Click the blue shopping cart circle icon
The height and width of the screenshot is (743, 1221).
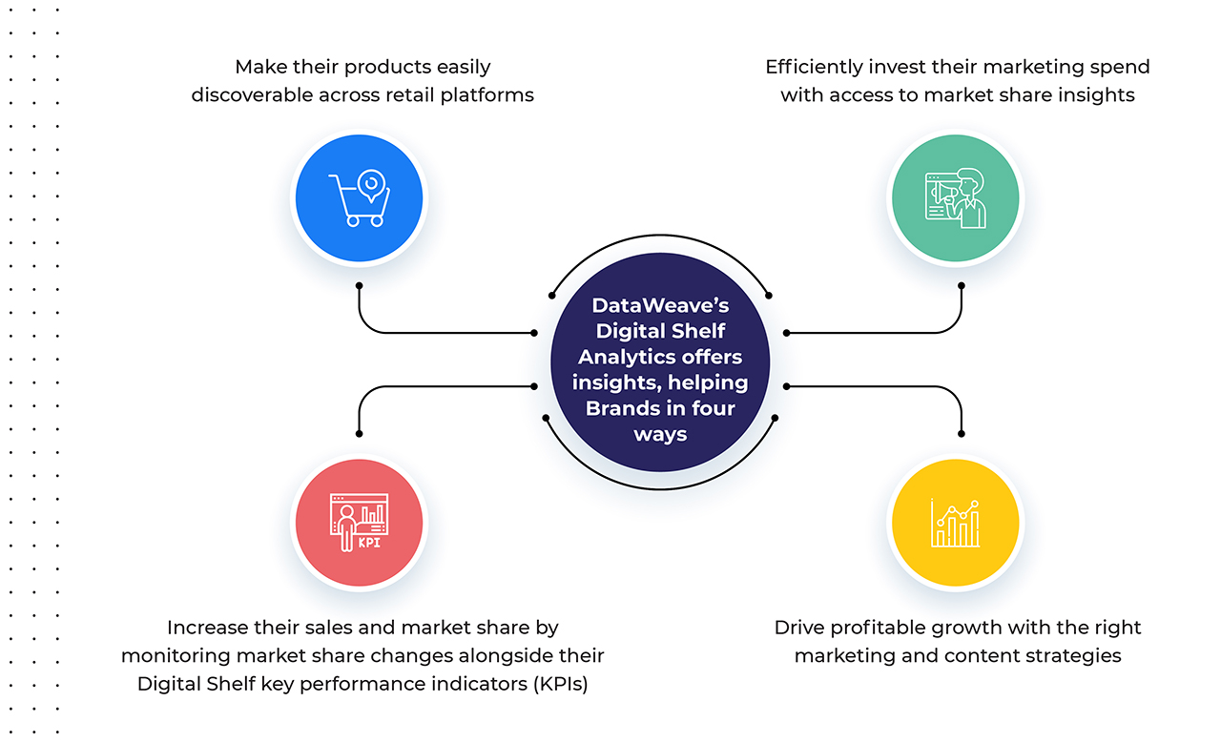coord(359,197)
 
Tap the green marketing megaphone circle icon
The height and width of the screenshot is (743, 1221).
coord(956,197)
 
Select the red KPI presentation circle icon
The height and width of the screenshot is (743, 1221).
coord(359,523)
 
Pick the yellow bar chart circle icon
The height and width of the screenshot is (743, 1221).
coord(956,523)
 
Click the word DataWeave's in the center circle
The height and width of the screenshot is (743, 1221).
coord(660,305)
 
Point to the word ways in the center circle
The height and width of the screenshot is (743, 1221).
coord(660,435)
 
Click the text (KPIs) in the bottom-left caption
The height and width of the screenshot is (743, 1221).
coord(561,684)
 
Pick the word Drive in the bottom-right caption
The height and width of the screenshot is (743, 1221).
coord(799,628)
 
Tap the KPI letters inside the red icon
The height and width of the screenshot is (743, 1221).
coord(369,543)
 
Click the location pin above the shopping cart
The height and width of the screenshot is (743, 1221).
coord(371,185)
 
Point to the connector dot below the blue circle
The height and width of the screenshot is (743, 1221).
coord(359,285)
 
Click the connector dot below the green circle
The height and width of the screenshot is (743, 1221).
coord(961,285)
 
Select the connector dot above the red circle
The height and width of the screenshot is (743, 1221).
coord(359,434)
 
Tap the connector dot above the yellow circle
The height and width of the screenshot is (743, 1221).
coord(961,434)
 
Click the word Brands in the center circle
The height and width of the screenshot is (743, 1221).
coord(621,408)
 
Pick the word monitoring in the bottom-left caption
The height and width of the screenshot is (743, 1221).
coord(176,656)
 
